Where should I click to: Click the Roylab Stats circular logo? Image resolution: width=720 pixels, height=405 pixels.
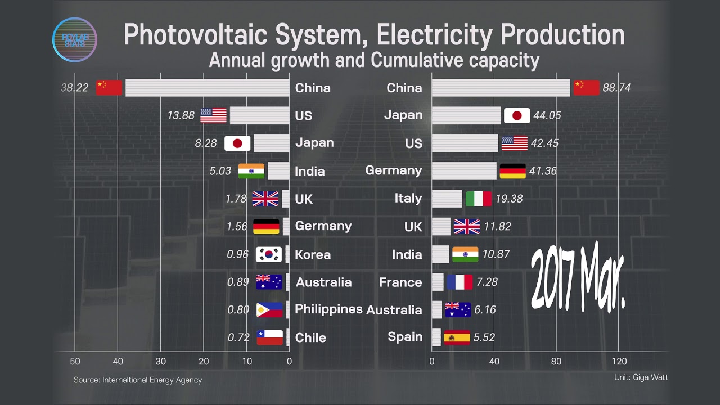click(75, 39)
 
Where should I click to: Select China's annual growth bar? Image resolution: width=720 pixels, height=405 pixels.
click(208, 87)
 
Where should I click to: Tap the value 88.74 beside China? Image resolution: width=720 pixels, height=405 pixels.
click(616, 87)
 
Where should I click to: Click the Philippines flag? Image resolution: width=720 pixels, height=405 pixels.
click(269, 310)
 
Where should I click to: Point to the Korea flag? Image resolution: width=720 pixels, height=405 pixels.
click(269, 254)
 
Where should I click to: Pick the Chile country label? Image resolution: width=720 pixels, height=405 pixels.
click(310, 338)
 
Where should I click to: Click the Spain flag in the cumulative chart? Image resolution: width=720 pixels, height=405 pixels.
click(457, 337)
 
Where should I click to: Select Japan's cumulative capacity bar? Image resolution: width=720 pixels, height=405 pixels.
click(466, 115)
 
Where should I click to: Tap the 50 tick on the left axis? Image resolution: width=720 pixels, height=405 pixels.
click(75, 361)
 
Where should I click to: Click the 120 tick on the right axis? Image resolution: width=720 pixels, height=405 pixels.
click(619, 361)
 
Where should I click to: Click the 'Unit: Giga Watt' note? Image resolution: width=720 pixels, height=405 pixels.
click(641, 377)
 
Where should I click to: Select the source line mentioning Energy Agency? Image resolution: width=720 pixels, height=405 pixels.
click(138, 380)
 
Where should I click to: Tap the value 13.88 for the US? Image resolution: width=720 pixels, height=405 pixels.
click(181, 115)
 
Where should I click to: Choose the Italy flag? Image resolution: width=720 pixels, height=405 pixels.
click(479, 199)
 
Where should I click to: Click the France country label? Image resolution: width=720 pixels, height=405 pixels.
click(400, 282)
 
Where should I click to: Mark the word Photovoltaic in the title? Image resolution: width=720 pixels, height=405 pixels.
click(195, 35)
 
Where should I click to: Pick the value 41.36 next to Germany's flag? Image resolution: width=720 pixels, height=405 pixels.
click(543, 170)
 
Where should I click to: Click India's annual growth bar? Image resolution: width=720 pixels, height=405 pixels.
click(278, 171)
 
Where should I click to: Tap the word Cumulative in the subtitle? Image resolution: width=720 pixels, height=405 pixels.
click(417, 60)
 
